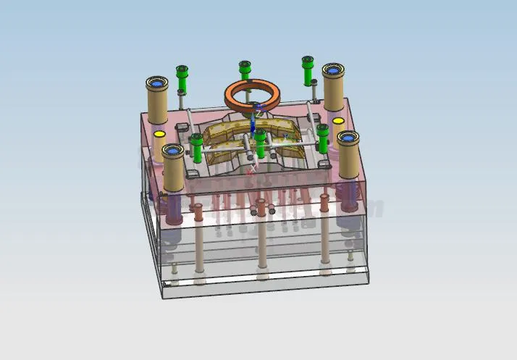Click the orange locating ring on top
253,94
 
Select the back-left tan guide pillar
157,101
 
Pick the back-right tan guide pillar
334,91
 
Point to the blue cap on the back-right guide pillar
334,70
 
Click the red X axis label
251,173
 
